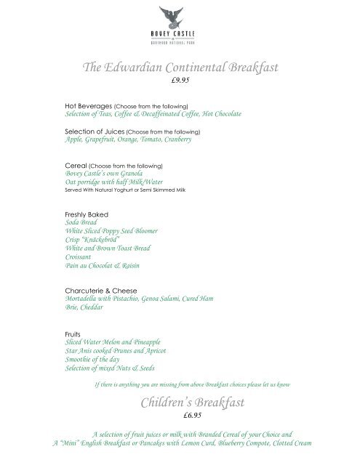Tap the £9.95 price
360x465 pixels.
[x=179, y=81]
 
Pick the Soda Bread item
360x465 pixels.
[x=79, y=224]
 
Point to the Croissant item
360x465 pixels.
[x=79, y=257]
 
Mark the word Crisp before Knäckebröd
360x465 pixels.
[x=73, y=240]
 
